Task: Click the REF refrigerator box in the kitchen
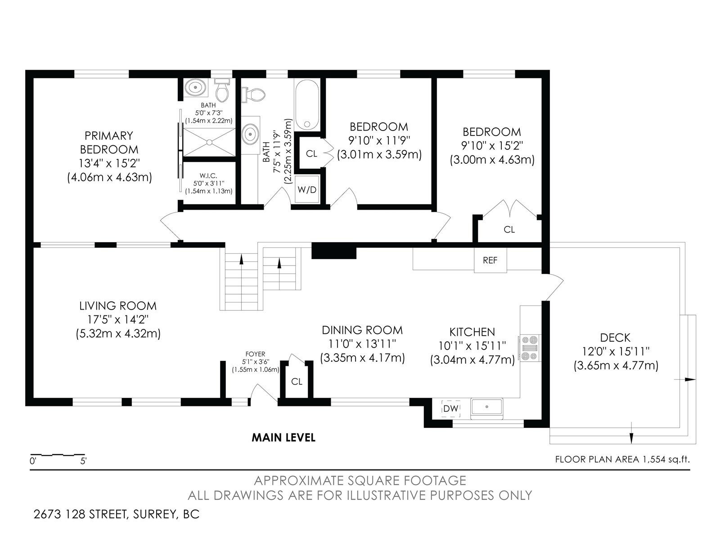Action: tap(490, 260)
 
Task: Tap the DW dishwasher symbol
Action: tap(451, 409)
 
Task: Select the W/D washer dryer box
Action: tap(307, 189)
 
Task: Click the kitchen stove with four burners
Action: tap(529, 348)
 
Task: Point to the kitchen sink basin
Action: tap(487, 407)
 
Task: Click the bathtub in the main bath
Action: tap(307, 105)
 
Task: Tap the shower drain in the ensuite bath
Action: tap(209, 142)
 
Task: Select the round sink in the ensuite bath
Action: tap(196, 88)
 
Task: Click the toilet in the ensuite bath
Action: tap(222, 90)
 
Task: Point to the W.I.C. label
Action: tap(208, 176)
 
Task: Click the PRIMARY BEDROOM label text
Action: tap(109, 142)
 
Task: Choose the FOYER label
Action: tap(255, 354)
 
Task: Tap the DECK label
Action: tap(615, 337)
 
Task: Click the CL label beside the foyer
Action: tap(297, 381)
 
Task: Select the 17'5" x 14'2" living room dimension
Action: tap(118, 319)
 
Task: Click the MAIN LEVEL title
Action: tap(283, 437)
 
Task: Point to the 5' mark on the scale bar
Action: tap(83, 461)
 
